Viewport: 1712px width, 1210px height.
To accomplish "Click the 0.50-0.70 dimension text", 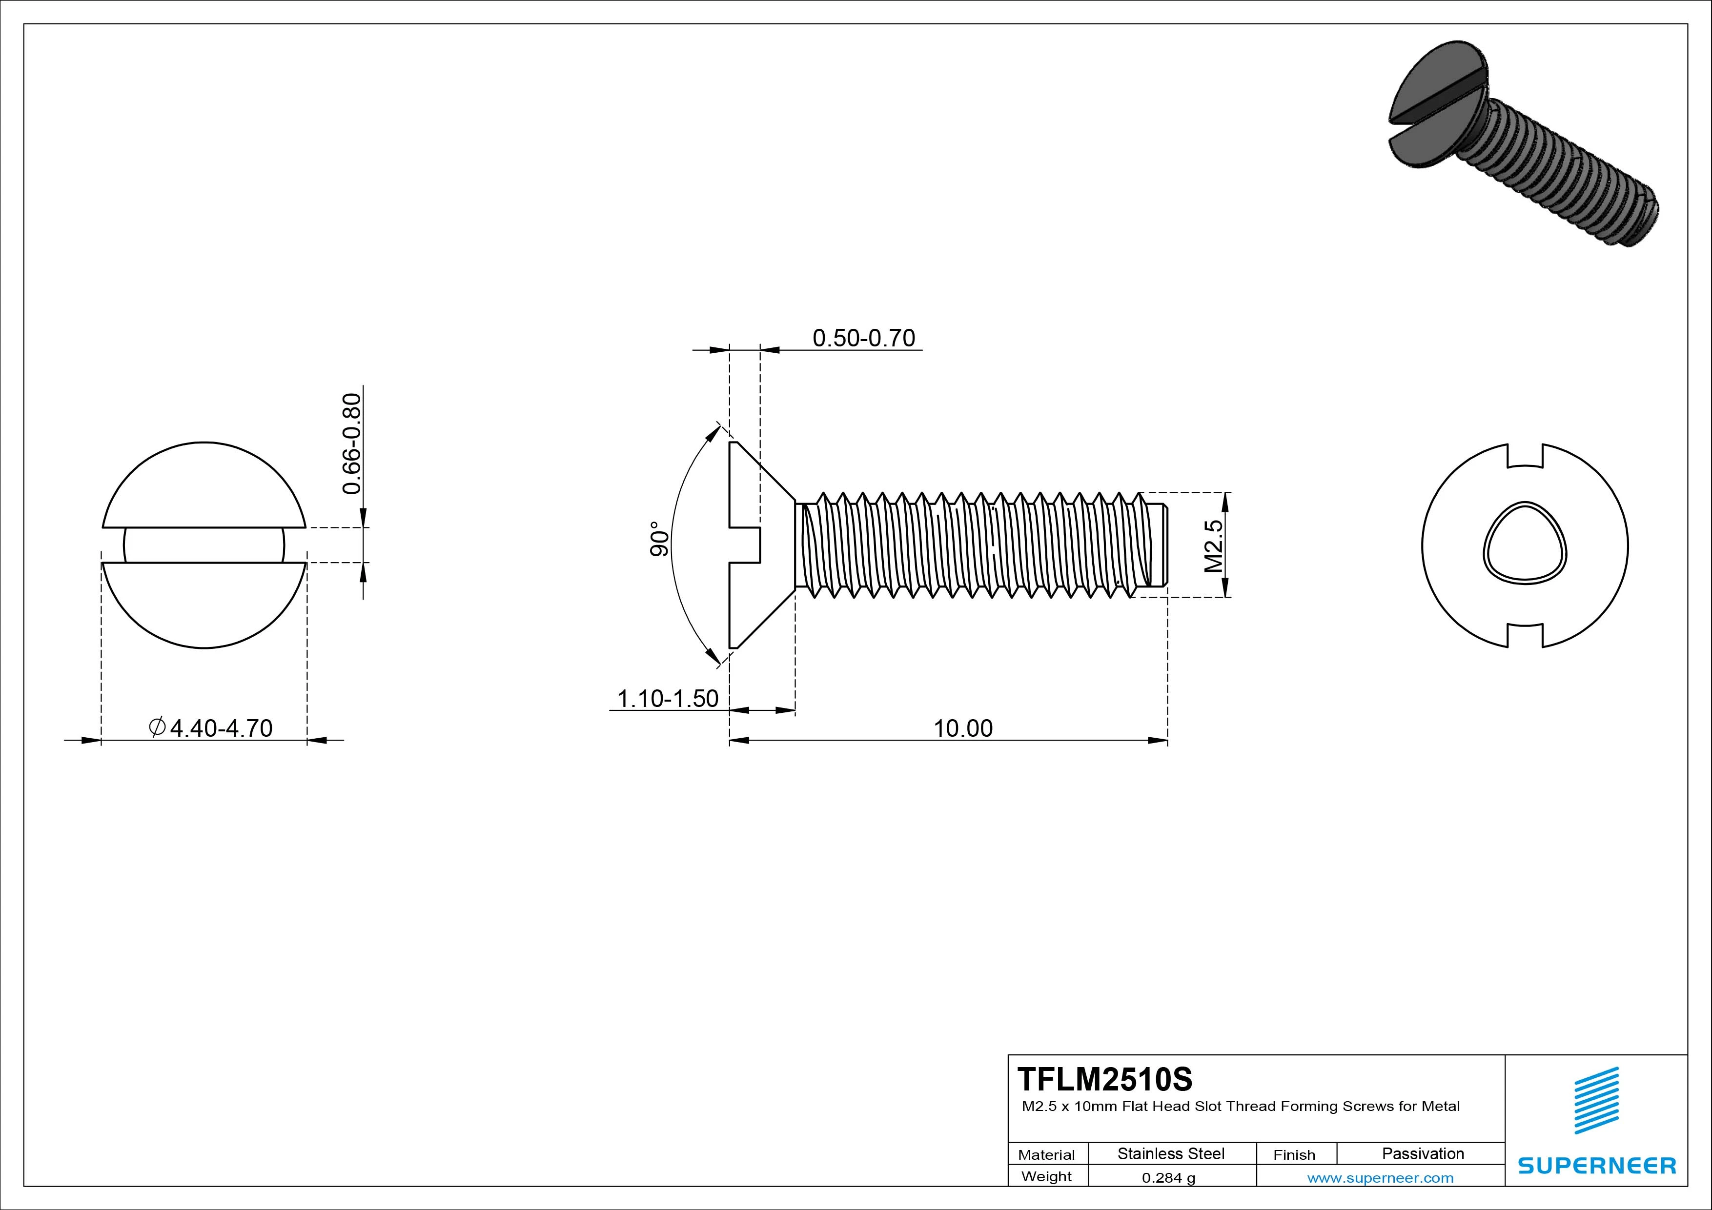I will [863, 339].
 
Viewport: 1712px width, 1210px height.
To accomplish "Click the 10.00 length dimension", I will [962, 728].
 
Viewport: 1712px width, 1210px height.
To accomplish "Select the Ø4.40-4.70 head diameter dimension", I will [212, 727].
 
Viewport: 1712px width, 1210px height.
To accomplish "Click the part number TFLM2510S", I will [1104, 1079].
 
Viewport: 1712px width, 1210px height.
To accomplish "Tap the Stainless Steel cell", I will [1171, 1153].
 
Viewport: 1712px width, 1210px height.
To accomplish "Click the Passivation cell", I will [1423, 1153].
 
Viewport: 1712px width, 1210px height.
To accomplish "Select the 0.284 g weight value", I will [1168, 1178].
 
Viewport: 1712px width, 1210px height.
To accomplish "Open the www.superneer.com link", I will [1380, 1178].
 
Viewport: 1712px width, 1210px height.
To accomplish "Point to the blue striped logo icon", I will [1596, 1100].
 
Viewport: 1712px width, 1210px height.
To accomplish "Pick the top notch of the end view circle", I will [1525, 456].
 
